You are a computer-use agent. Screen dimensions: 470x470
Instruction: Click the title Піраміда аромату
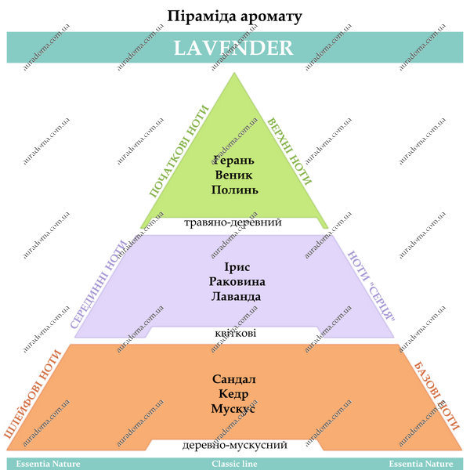pos(234,16)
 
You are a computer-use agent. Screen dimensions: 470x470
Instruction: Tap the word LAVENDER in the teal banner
pos(233,48)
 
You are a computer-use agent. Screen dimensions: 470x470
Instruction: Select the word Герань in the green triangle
pos(233,161)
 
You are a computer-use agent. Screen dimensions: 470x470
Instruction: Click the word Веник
pos(233,175)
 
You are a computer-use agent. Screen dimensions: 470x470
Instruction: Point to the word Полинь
pos(235,190)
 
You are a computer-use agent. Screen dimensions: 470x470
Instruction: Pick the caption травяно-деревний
pos(233,222)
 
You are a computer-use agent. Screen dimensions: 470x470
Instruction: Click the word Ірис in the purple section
pos(237,267)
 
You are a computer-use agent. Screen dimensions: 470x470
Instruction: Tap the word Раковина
pos(237,281)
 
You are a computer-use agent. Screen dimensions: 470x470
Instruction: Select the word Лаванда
pos(236,296)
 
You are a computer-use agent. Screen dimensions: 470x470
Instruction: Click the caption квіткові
pos(236,334)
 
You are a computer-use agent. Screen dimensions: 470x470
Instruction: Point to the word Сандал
pos(233,379)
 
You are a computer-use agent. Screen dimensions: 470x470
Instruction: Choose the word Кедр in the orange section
pos(233,394)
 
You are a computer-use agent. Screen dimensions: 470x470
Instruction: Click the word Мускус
pos(233,409)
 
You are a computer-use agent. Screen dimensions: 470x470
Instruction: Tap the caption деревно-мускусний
pos(235,445)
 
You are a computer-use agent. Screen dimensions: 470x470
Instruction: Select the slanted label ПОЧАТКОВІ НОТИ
pos(179,151)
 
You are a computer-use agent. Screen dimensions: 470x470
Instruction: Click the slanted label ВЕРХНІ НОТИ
pos(290,152)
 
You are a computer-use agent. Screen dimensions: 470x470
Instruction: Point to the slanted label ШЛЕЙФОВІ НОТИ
pos(33,394)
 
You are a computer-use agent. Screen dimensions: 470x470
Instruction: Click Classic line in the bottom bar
pos(234,464)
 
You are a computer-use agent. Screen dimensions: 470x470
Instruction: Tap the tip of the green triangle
pos(234,73)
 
